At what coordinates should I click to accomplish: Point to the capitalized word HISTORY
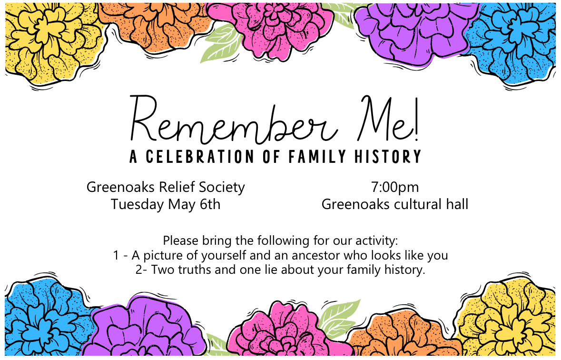tap(387, 157)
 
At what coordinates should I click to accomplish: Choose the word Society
tap(222, 188)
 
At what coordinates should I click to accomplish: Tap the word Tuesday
tap(137, 205)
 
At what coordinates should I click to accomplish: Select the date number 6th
tap(210, 204)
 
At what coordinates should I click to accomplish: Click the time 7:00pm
tap(394, 188)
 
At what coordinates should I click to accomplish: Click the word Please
tap(181, 240)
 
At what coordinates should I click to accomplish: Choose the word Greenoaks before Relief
tap(120, 187)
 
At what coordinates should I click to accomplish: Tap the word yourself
tap(224, 256)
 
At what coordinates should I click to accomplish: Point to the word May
tap(182, 205)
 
